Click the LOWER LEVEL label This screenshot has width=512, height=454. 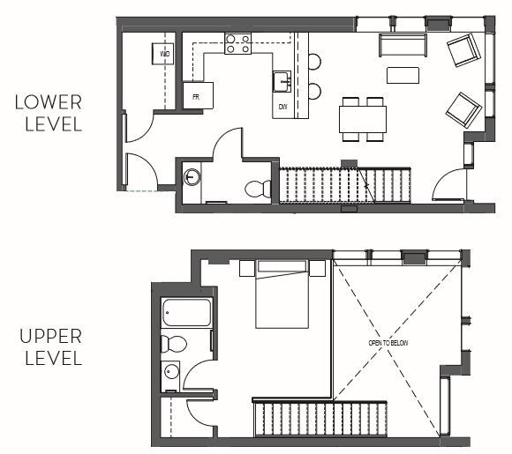(x=49, y=113)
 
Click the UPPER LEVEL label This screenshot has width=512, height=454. (x=49, y=347)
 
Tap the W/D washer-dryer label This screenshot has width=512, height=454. (x=164, y=55)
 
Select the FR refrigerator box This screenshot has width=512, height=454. (x=199, y=95)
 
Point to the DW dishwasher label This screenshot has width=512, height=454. (x=282, y=107)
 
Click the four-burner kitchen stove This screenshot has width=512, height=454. (x=237, y=43)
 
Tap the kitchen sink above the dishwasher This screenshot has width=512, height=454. (x=282, y=81)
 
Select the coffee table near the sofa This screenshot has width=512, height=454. (x=403, y=75)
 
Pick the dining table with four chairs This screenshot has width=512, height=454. (x=363, y=118)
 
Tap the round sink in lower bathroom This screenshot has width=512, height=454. (x=192, y=177)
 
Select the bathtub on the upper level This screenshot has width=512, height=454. (x=187, y=313)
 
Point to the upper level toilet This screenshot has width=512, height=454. (x=172, y=343)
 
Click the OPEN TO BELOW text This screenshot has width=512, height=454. (x=388, y=342)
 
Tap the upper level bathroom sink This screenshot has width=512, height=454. (x=170, y=375)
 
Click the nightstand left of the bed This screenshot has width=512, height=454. (x=246, y=267)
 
